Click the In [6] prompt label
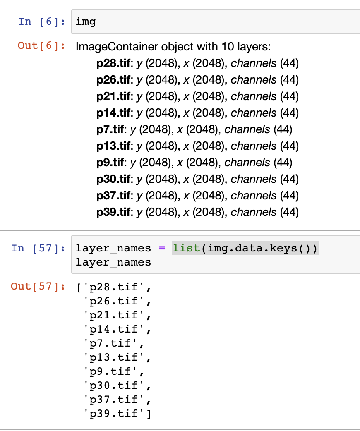pos(41,21)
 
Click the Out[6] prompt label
pos(41,45)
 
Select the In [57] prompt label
pos(38,248)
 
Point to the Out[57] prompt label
pos(38,286)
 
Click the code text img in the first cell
pos(86,21)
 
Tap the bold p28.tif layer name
pos(113,63)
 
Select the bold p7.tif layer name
pos(110,129)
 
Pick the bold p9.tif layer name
pos(110,163)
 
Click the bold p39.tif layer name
pos(113,212)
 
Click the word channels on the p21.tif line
pos(254,96)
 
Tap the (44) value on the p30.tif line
pos(289,179)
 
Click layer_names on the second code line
pos(113,262)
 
